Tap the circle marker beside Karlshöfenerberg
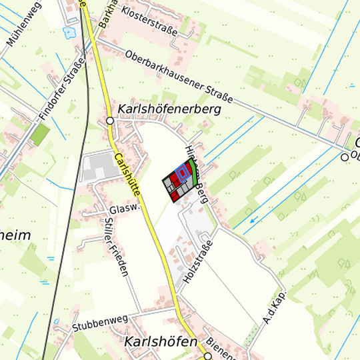110,121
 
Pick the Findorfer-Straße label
63,89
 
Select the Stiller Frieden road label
115,247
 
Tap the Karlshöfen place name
161,342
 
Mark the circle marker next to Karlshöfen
208,356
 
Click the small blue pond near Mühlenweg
67,31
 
